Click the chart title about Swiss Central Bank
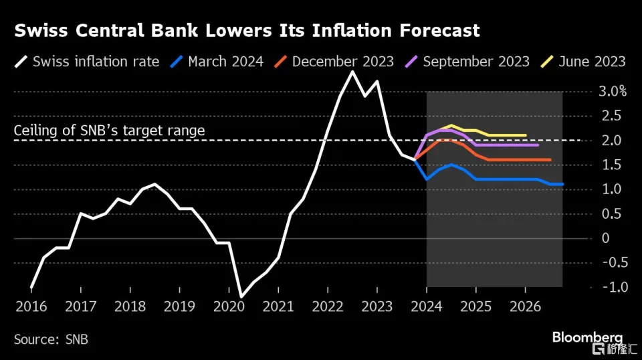[x=247, y=30]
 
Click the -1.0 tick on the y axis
[x=610, y=287]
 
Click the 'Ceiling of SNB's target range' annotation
[x=109, y=130]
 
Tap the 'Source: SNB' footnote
[x=51, y=339]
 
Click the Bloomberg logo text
[x=588, y=337]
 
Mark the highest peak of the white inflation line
[x=352, y=72]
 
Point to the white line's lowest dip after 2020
[x=241, y=296]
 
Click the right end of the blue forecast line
[x=562, y=184]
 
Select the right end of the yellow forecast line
[x=526, y=135]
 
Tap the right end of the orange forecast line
[x=550, y=160]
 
